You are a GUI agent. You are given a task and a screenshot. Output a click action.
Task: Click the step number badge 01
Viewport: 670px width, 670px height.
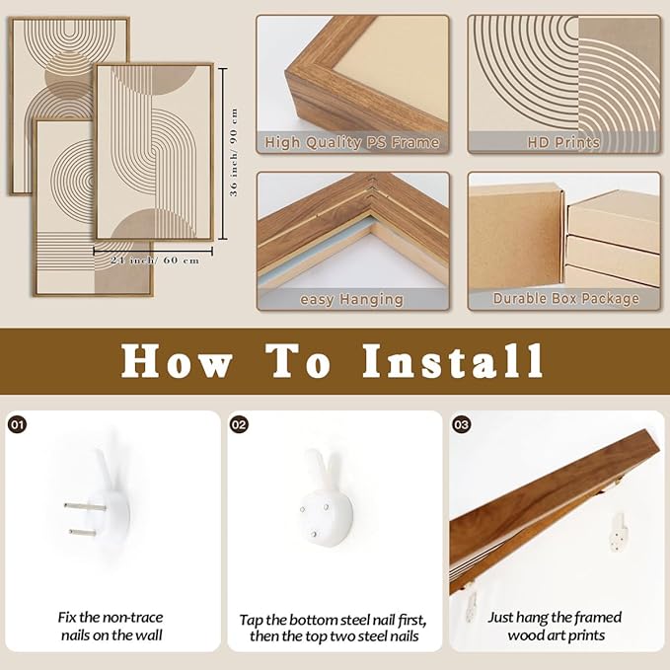[17, 424]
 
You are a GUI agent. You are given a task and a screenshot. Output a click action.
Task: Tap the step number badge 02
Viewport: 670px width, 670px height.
[239, 424]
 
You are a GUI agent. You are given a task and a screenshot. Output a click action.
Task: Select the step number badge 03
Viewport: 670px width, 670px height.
[461, 424]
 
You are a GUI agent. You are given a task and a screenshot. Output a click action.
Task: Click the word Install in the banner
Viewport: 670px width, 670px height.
[453, 361]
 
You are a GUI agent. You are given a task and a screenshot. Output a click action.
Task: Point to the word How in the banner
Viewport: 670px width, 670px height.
[177, 361]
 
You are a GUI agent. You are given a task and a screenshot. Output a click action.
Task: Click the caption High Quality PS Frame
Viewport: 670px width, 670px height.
[351, 142]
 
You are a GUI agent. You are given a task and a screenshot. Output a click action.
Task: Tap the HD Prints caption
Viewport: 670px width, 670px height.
[563, 142]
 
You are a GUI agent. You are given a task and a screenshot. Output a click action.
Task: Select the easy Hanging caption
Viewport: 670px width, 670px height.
[351, 299]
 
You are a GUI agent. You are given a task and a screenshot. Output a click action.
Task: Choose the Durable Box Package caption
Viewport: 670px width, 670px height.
[565, 298]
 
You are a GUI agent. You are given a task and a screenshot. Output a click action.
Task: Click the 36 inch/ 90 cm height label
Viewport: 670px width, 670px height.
[234, 153]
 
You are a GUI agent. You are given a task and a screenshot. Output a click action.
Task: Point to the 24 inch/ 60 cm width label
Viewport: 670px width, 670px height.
[155, 261]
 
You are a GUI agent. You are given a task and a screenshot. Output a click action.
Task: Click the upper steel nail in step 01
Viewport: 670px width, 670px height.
[85, 507]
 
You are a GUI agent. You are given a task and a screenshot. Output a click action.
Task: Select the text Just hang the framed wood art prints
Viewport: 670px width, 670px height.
[556, 626]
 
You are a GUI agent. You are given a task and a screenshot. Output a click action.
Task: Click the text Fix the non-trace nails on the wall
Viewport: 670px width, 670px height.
[112, 626]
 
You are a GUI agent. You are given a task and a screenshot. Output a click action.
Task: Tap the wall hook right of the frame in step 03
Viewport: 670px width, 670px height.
[619, 532]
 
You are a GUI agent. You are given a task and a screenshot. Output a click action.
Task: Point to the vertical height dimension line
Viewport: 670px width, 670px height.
[223, 154]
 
